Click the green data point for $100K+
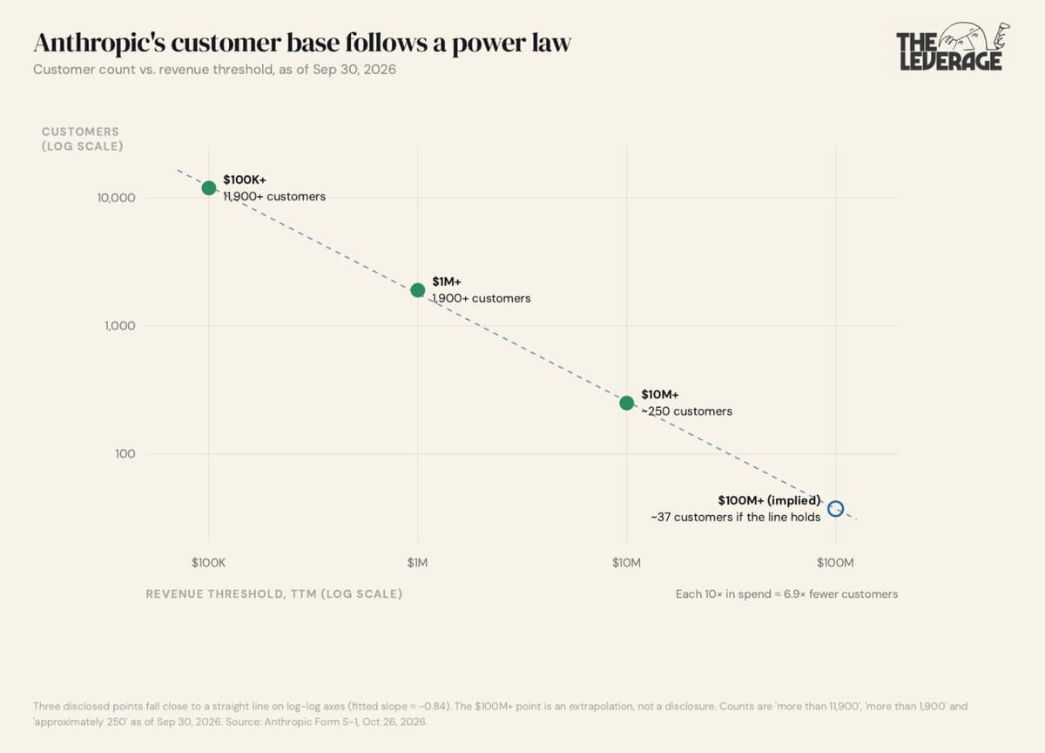pyautogui.click(x=208, y=188)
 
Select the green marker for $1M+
pyautogui.click(x=417, y=290)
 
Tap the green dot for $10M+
pyautogui.click(x=626, y=403)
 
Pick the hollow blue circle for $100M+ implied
pyautogui.click(x=835, y=508)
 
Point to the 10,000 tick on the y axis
pyautogui.click(x=116, y=198)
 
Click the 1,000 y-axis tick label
pyautogui.click(x=120, y=326)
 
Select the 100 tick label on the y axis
pyautogui.click(x=125, y=454)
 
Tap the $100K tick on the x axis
pyautogui.click(x=208, y=562)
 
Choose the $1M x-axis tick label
pyautogui.click(x=417, y=562)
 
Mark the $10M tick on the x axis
pyautogui.click(x=626, y=562)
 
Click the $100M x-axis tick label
pyautogui.click(x=835, y=562)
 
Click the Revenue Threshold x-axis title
pyautogui.click(x=274, y=594)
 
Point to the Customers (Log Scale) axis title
pyautogui.click(x=83, y=139)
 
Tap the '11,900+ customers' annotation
pyautogui.click(x=274, y=197)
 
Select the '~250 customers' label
pyautogui.click(x=687, y=411)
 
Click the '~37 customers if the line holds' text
pyautogui.click(x=736, y=517)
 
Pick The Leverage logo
pyautogui.click(x=953, y=46)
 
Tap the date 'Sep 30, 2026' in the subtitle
pyautogui.click(x=354, y=70)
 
